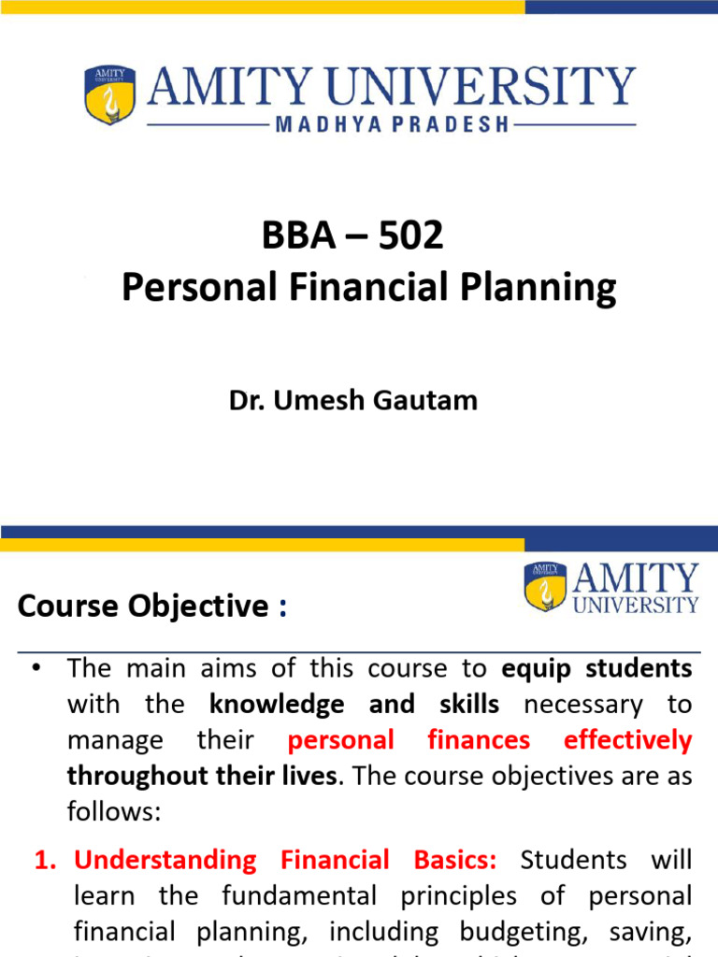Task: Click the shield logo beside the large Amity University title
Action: [x=110, y=94]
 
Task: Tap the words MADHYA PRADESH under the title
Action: [x=393, y=123]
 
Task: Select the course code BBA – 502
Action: [x=352, y=236]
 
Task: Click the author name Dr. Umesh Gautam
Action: [x=353, y=400]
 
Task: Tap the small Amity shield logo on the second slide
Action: [x=545, y=586]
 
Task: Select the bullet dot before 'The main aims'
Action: [x=36, y=669]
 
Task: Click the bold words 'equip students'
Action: [x=597, y=669]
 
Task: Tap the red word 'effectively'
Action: [x=627, y=740]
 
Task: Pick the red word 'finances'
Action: [x=479, y=740]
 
